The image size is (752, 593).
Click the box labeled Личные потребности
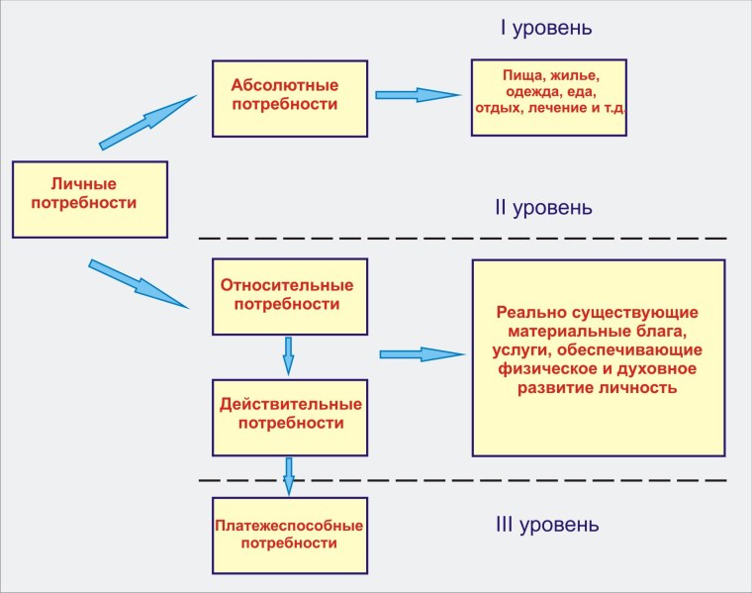90,199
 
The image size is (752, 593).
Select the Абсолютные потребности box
289,98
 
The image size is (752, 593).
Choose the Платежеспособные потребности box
290,535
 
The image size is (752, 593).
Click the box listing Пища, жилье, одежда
548,98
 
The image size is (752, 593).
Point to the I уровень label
546,28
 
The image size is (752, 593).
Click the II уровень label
543,208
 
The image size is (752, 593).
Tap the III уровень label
545,523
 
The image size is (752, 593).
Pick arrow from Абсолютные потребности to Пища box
417,95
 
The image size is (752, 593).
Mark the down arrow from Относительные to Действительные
289,355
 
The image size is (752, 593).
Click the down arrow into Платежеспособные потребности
289,475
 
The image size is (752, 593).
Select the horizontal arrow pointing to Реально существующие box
421,354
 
